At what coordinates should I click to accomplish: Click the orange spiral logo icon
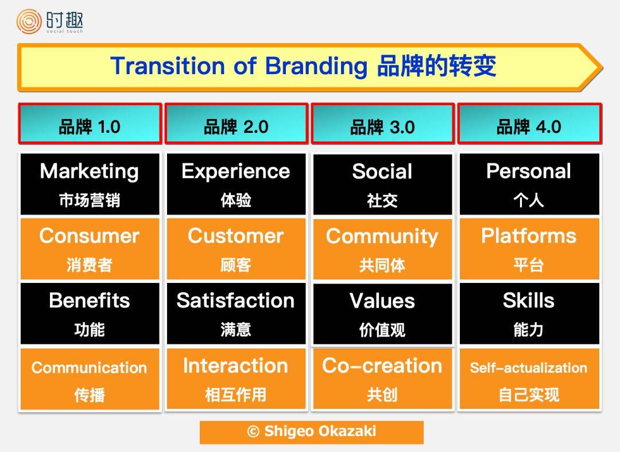(29, 21)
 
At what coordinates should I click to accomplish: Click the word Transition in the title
(168, 66)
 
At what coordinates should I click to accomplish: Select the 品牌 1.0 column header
(90, 124)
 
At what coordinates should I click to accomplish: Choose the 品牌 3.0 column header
(383, 124)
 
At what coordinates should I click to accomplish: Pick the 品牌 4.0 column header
(529, 124)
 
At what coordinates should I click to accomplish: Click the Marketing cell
(90, 184)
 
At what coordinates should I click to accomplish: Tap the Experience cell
(236, 184)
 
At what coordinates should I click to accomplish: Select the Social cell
(382, 184)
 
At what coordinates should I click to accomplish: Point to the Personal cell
(529, 184)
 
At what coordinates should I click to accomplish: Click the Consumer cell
(90, 249)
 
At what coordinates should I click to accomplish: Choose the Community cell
(382, 249)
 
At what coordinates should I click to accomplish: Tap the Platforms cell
(529, 249)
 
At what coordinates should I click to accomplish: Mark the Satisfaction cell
(236, 313)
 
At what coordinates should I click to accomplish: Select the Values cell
(382, 313)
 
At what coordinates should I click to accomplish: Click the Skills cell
(529, 313)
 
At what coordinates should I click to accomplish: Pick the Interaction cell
(236, 378)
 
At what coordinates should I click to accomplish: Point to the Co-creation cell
(382, 378)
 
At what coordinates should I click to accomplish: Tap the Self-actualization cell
(529, 378)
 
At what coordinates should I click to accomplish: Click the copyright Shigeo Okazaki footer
(312, 432)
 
